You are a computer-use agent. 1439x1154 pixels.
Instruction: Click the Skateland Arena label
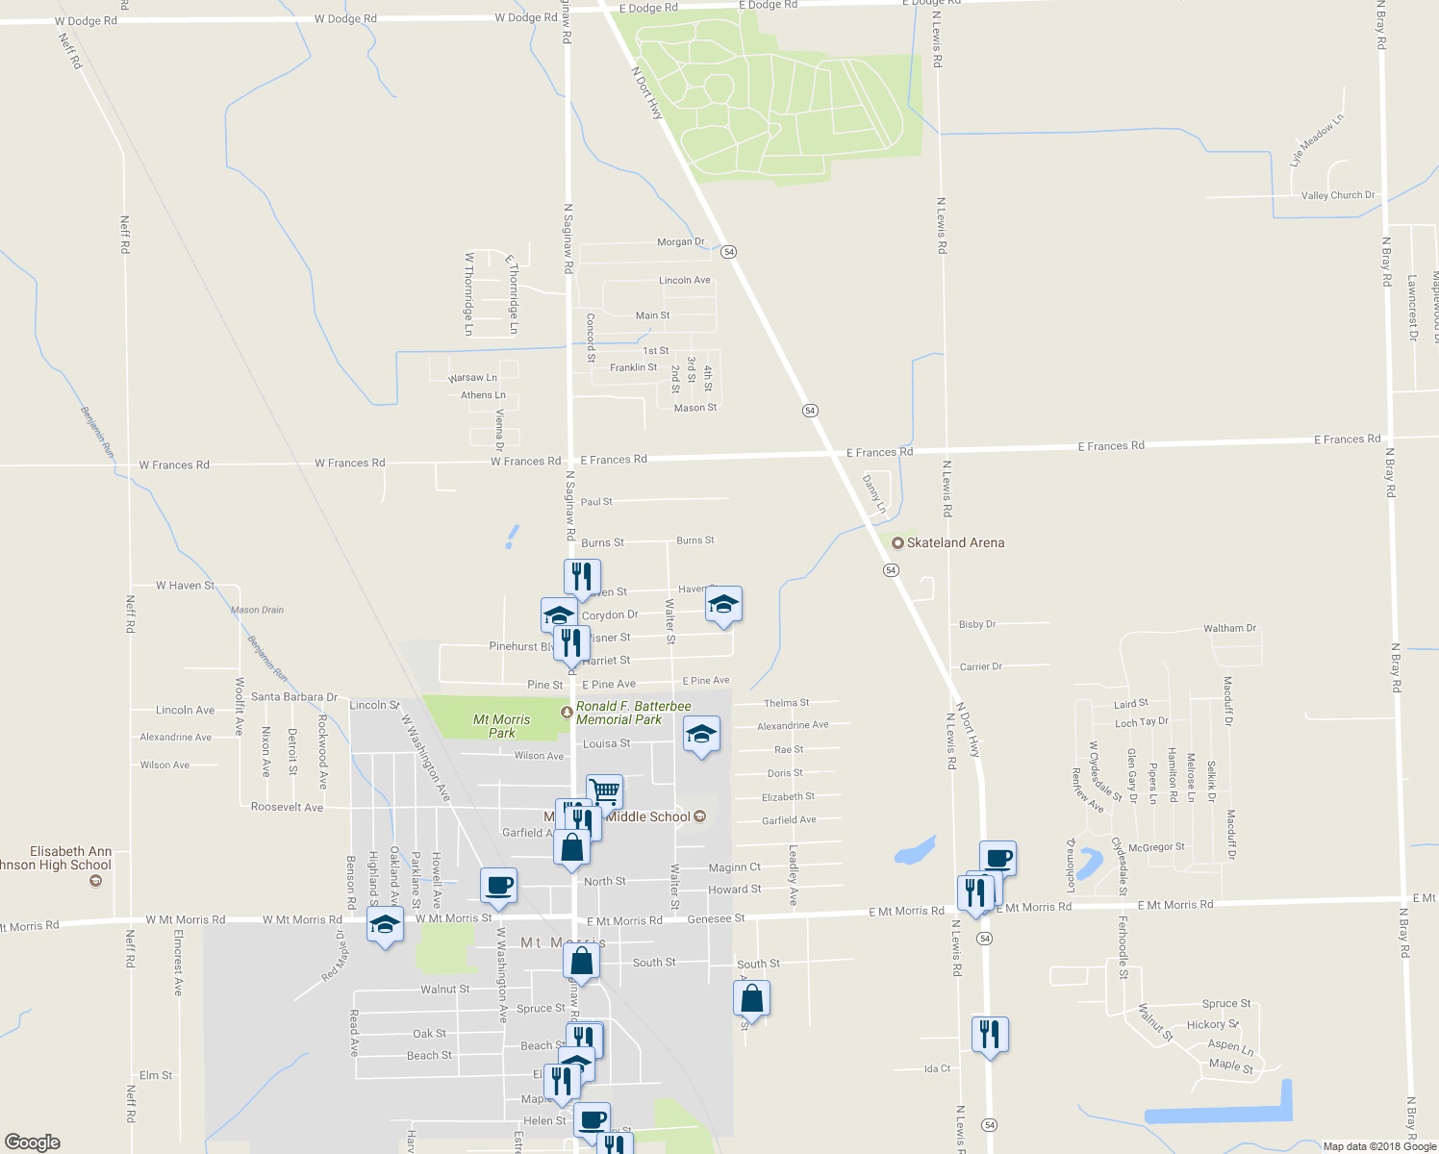tap(954, 543)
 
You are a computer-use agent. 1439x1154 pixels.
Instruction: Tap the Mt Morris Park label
tap(501, 726)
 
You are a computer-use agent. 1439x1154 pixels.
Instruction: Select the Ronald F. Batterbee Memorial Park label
tap(632, 713)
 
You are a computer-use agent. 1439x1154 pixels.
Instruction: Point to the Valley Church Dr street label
tap(1338, 195)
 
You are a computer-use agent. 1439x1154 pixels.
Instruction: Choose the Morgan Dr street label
tap(680, 242)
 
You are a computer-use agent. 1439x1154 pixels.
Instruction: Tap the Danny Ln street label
tap(873, 493)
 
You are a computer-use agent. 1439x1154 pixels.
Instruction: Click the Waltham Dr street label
tap(1229, 628)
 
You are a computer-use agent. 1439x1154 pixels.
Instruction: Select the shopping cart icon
tap(604, 792)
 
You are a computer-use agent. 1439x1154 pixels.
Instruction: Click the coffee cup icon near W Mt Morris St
tap(498, 886)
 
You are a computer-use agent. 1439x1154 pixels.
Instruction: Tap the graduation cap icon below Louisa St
tap(701, 736)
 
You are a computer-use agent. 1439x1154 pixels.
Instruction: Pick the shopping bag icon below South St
tap(751, 999)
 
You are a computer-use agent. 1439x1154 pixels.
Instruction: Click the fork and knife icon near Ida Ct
tap(990, 1035)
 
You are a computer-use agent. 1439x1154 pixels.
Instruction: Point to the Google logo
tap(33, 1142)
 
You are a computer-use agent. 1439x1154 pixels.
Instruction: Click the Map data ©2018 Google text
tap(1379, 1146)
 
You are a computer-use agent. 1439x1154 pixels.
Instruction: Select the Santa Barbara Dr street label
tap(293, 697)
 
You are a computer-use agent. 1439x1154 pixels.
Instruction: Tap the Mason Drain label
tap(257, 610)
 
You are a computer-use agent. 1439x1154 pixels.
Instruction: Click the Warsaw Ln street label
tap(472, 378)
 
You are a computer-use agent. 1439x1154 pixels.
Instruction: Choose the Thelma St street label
tap(786, 703)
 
